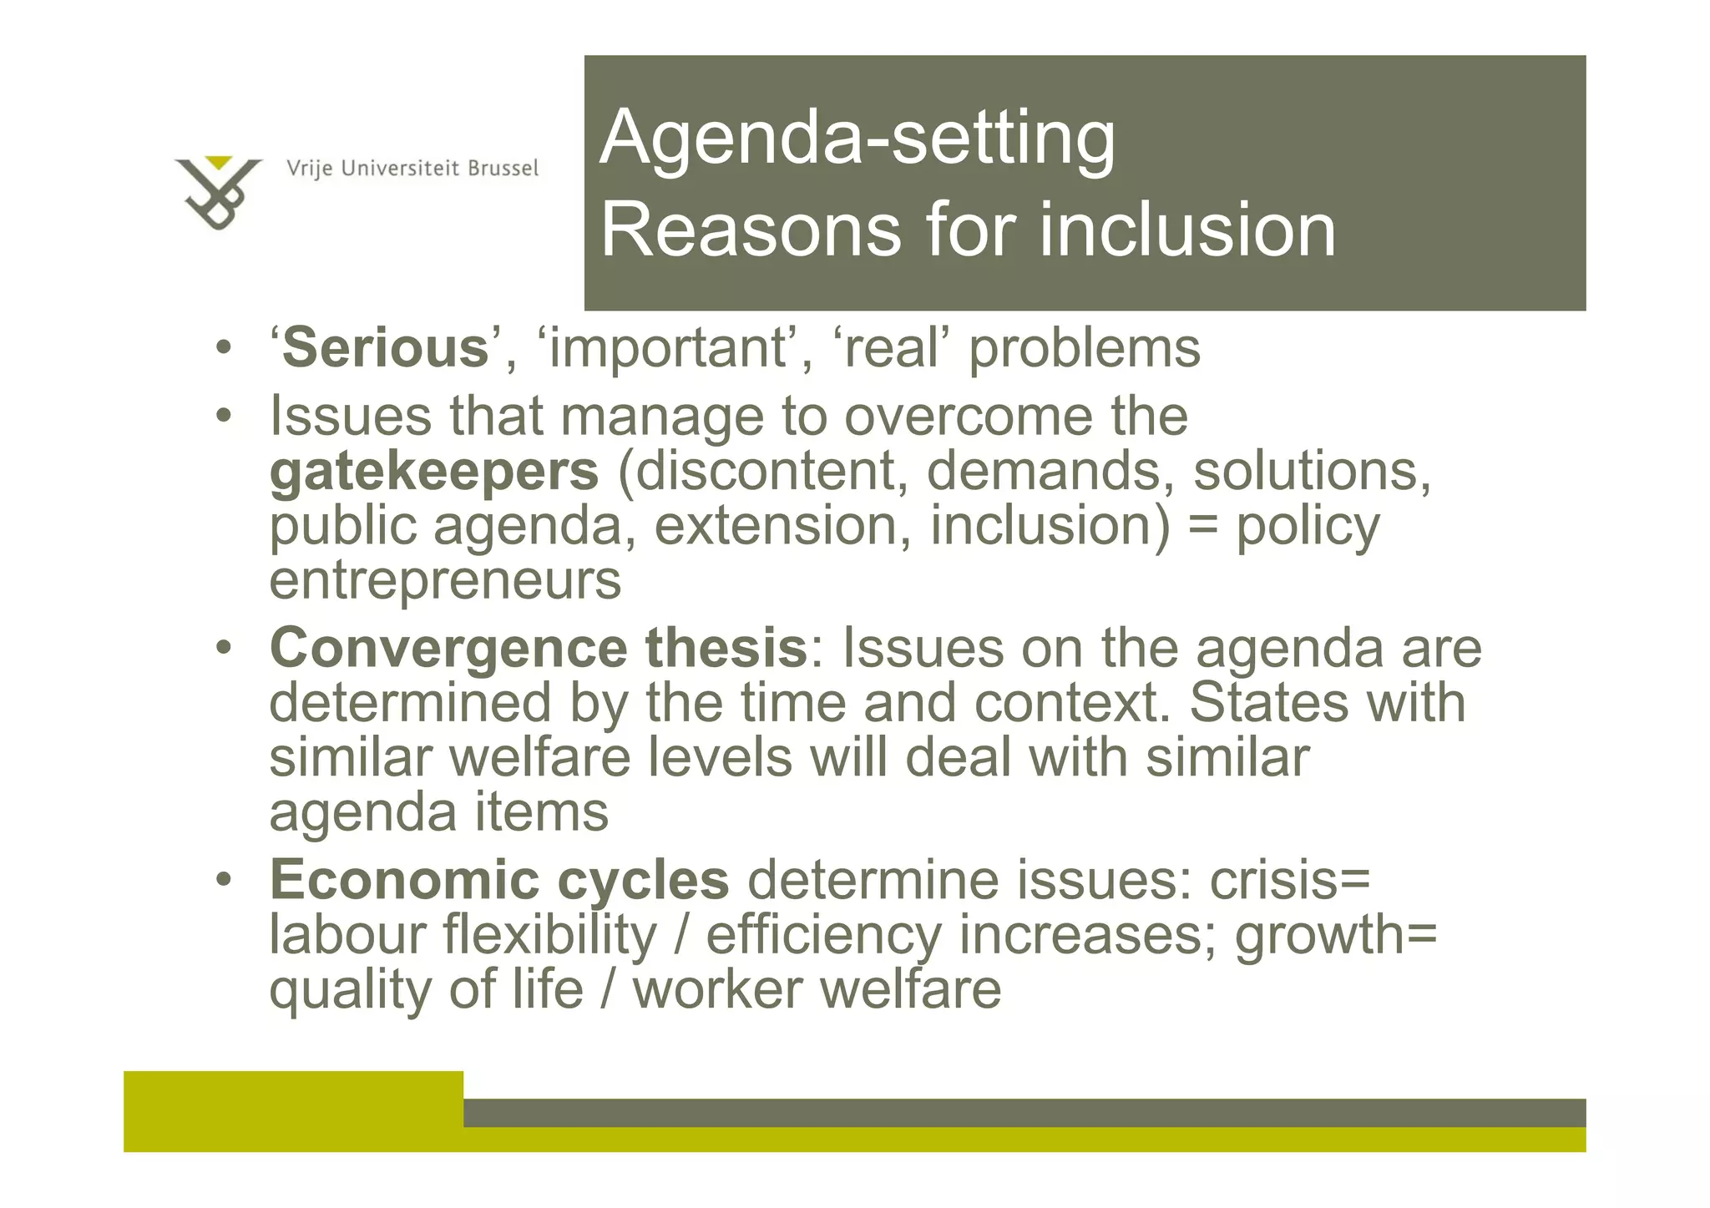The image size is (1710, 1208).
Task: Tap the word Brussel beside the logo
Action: (x=503, y=169)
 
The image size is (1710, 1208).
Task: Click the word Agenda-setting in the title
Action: (x=857, y=138)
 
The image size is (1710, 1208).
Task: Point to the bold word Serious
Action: (x=385, y=348)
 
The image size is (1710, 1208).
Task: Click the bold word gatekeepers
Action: (x=434, y=471)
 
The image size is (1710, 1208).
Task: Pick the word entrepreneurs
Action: (x=445, y=580)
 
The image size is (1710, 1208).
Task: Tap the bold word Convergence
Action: (x=448, y=649)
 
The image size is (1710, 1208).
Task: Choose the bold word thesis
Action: (x=726, y=649)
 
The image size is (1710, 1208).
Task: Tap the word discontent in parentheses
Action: (x=762, y=471)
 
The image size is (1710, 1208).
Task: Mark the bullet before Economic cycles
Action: (x=223, y=881)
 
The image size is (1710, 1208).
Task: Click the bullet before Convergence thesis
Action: (x=223, y=649)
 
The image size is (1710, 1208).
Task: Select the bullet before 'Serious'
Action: (x=223, y=348)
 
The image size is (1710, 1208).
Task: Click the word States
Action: (x=1267, y=703)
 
